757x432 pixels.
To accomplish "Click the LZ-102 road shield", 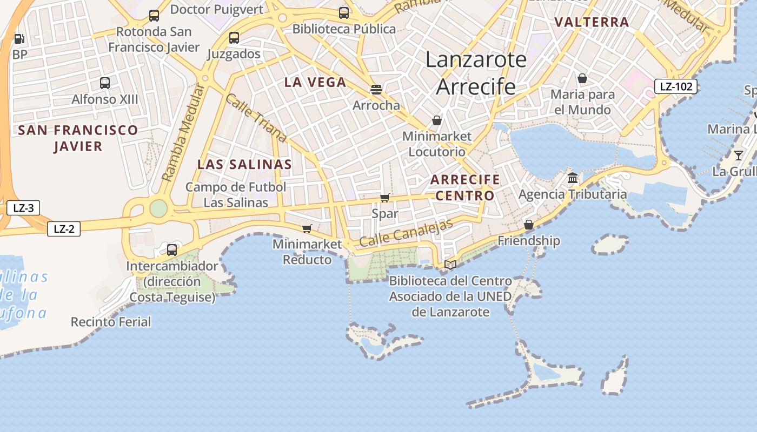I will [x=676, y=86].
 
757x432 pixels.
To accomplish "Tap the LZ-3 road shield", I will [x=23, y=208].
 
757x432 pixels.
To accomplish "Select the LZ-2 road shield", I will [x=64, y=229].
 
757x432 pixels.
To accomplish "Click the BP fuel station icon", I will [x=19, y=39].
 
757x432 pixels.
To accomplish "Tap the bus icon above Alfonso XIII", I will [x=105, y=83].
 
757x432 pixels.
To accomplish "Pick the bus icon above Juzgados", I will [x=234, y=38].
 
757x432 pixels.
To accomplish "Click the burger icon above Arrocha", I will [x=376, y=89].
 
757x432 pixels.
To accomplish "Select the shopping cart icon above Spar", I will [x=384, y=198].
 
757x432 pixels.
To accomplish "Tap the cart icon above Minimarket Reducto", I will [x=307, y=228].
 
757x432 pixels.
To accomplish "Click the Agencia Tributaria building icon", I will [x=572, y=178].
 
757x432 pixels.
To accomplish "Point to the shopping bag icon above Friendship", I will [x=529, y=225].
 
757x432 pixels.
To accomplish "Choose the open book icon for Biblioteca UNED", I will [x=450, y=265].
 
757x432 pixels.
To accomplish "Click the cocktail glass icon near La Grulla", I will [x=738, y=156].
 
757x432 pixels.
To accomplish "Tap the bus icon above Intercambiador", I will [x=172, y=249].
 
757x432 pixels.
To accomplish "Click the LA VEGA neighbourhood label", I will [x=315, y=82].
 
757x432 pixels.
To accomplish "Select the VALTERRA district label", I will [x=592, y=22].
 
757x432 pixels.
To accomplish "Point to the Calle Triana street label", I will [x=255, y=120].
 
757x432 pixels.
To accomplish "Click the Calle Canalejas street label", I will [x=406, y=234].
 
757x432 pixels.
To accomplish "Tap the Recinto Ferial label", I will [x=111, y=322].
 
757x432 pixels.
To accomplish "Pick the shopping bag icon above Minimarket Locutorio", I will [x=436, y=120].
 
